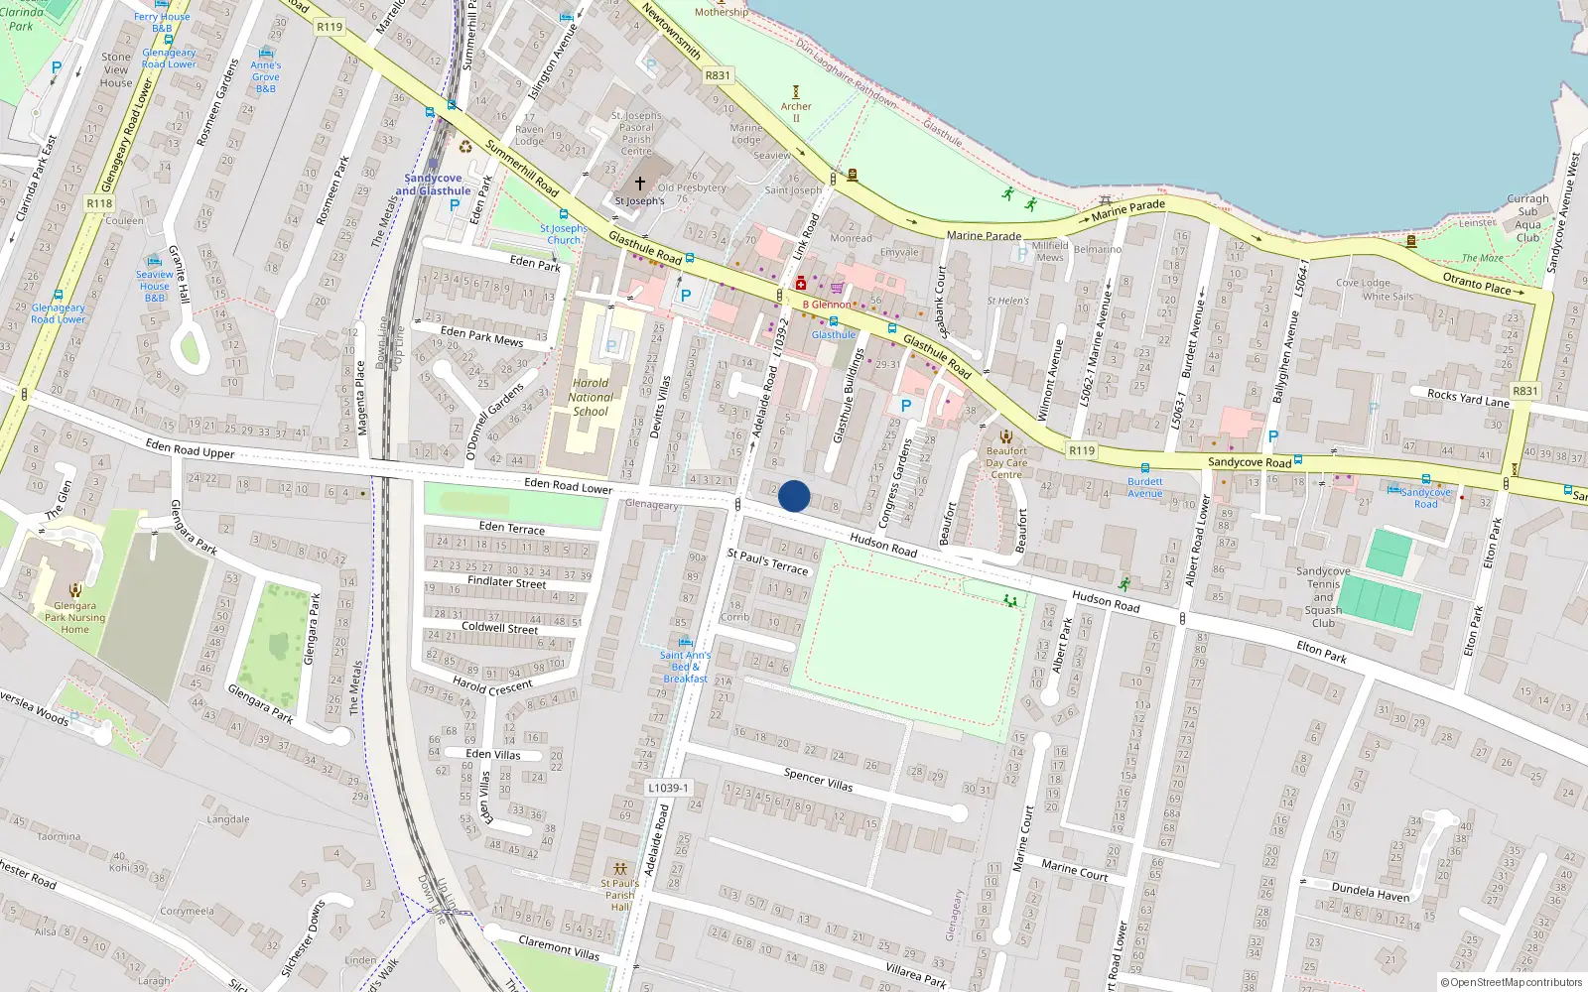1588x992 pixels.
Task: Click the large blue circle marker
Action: tap(794, 496)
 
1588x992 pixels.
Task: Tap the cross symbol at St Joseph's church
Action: tap(640, 184)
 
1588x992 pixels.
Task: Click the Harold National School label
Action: tap(591, 397)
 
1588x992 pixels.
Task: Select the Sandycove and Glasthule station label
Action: tap(433, 185)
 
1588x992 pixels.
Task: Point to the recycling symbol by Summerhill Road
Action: tap(465, 147)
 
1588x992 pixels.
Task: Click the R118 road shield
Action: tap(99, 203)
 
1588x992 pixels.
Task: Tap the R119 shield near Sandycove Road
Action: tap(1082, 450)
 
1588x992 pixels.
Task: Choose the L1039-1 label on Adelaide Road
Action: tap(668, 788)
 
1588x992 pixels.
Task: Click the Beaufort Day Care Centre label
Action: tap(1006, 462)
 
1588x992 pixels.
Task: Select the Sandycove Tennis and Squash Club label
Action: tap(1323, 597)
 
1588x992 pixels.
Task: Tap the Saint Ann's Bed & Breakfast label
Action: tap(685, 667)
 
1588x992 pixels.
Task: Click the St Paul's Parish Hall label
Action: tap(620, 895)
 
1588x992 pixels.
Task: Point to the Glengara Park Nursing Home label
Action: tap(74, 617)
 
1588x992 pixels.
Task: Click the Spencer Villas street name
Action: tap(818, 779)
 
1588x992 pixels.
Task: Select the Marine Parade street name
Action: tap(984, 235)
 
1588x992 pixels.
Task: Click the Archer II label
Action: tap(795, 111)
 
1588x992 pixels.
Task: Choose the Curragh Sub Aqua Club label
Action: tap(1527, 218)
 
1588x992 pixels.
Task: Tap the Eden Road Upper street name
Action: tap(190, 449)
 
